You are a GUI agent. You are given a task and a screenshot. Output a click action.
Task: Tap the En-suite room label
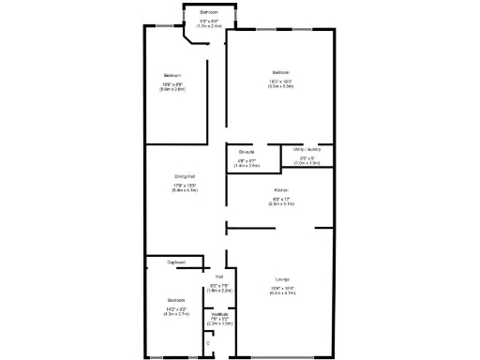247,152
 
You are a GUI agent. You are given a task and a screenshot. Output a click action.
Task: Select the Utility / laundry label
307,149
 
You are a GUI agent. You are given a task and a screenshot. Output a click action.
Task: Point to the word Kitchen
280,190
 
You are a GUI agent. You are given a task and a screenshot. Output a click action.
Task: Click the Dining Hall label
184,176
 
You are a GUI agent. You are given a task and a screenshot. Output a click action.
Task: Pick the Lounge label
282,279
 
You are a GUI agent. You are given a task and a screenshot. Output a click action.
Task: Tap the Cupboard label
175,262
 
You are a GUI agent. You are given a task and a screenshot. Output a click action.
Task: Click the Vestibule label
221,315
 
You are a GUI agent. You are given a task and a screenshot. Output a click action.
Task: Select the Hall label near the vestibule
218,277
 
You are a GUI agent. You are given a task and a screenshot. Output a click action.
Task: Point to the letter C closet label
208,343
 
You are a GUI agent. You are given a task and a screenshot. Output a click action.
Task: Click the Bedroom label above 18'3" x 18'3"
281,73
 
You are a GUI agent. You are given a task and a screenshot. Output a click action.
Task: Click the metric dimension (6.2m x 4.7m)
282,294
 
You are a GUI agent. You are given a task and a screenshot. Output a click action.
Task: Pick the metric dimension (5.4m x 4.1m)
184,191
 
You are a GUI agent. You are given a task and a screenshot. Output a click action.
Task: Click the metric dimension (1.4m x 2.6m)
247,165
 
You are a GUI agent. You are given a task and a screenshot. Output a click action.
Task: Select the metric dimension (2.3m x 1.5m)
221,323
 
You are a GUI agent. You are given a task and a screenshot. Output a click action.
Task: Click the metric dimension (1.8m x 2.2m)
218,291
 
